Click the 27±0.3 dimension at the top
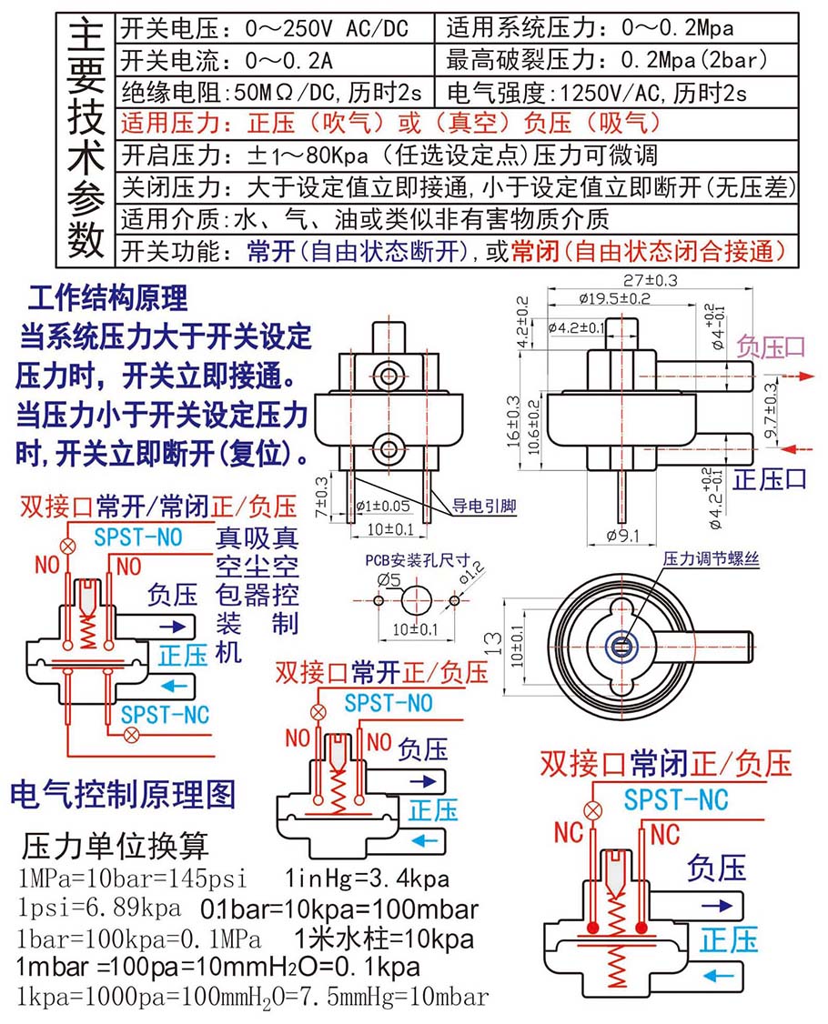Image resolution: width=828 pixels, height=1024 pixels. [x=651, y=280]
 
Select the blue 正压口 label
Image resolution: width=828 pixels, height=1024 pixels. [x=771, y=478]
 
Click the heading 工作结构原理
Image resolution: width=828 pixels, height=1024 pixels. [x=107, y=298]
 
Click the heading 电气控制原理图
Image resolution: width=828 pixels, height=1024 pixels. [x=122, y=793]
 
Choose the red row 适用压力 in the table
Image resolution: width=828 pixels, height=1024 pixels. [x=391, y=123]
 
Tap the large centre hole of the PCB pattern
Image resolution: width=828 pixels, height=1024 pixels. [x=416, y=601]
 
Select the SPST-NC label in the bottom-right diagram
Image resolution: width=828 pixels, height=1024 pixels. [x=675, y=799]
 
